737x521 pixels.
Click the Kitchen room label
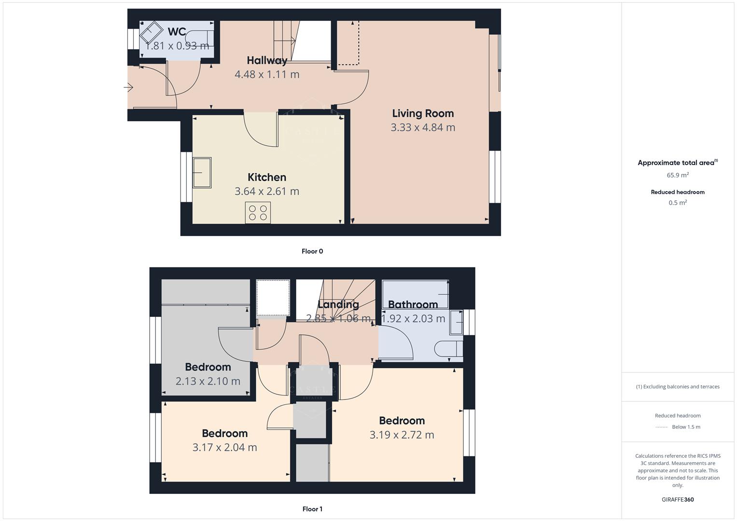(x=267, y=177)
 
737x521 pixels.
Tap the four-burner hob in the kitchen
(x=258, y=213)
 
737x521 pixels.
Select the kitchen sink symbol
(x=202, y=173)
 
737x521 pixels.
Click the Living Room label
(x=423, y=113)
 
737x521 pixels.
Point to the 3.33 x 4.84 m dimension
(x=423, y=127)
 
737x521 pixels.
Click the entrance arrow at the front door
(x=128, y=87)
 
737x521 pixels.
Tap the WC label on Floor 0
(x=177, y=32)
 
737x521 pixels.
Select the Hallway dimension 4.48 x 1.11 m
(x=267, y=74)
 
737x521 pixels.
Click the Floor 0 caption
(x=312, y=251)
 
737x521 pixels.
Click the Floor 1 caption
(x=312, y=509)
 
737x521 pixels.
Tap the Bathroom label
(x=413, y=304)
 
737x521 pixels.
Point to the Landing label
(x=338, y=304)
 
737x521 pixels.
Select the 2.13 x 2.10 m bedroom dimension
(x=208, y=381)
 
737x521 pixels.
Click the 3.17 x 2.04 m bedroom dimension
(x=225, y=447)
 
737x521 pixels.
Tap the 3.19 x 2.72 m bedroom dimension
(x=402, y=435)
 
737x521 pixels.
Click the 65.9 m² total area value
(x=678, y=175)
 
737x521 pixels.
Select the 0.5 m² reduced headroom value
(x=678, y=203)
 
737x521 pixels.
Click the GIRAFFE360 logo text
(x=678, y=499)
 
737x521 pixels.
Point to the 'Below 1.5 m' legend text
(x=686, y=427)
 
